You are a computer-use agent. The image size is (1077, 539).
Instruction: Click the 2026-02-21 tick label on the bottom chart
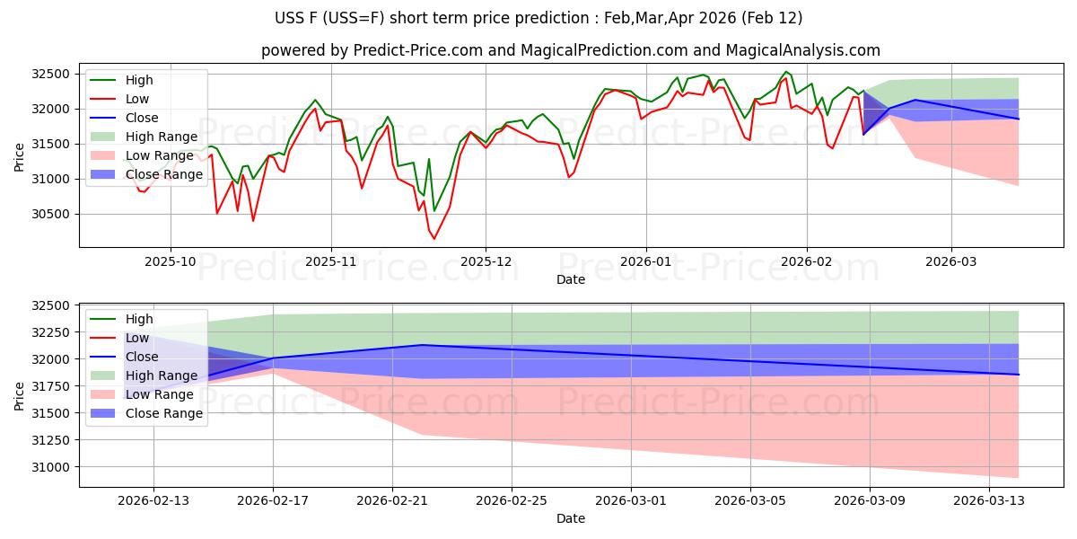[x=392, y=500]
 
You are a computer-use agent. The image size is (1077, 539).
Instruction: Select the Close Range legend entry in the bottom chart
[x=164, y=413]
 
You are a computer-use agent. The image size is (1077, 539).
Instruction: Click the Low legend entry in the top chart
[x=137, y=99]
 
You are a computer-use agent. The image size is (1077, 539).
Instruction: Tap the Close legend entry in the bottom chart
[x=142, y=357]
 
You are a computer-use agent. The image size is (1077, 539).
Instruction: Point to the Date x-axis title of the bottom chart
[x=571, y=518]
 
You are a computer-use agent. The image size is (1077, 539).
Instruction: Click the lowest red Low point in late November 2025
[x=434, y=239]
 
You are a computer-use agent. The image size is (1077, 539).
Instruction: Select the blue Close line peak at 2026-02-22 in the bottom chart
[x=422, y=345]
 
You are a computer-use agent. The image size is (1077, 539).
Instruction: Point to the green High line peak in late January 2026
[x=786, y=72]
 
